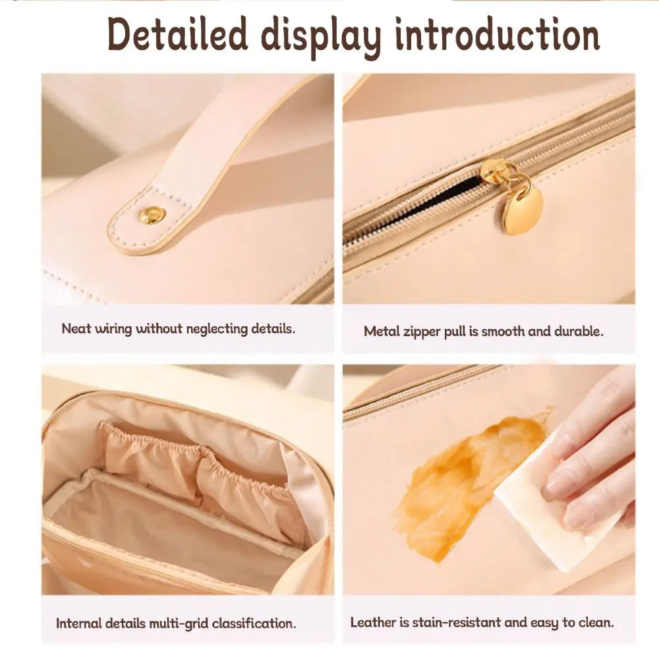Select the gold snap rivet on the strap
click(152, 215)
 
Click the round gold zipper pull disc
click(523, 210)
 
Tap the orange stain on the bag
click(468, 481)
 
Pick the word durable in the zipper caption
click(577, 331)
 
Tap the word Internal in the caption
click(79, 623)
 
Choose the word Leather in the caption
click(372, 623)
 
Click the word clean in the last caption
click(595, 622)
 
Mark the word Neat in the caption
click(76, 329)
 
